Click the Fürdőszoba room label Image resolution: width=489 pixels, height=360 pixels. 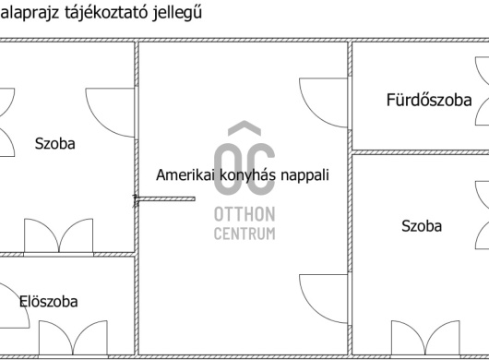pos(429,100)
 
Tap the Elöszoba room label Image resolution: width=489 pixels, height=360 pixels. pos(48,302)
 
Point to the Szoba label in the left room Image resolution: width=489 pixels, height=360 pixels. pos(54,144)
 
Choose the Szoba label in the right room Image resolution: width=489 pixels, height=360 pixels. pos(422,226)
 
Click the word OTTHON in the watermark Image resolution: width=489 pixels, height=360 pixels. pos(244,214)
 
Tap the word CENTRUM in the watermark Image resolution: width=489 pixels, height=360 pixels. pos(244,234)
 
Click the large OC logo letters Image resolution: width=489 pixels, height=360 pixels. pos(244,169)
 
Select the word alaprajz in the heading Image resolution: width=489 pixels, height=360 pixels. pos(30,13)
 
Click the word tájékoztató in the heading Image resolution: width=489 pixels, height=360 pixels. pos(106,13)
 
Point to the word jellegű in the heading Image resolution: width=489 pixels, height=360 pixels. pos(177,13)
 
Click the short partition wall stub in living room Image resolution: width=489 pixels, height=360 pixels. pos(166,198)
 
